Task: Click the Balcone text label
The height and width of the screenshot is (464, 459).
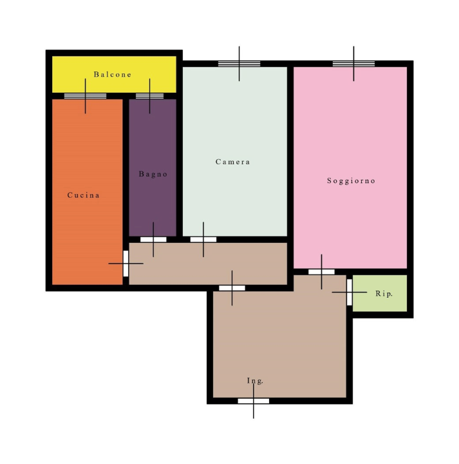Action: [x=113, y=75]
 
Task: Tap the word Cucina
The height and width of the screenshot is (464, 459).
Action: [x=84, y=195]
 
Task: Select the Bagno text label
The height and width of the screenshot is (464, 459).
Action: [x=153, y=174]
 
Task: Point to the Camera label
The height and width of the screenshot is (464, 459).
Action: [x=232, y=162]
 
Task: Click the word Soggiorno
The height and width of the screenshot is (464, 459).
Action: [x=351, y=181]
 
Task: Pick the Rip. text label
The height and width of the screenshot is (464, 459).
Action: [x=383, y=293]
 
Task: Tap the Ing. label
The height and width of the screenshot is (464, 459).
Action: [x=256, y=381]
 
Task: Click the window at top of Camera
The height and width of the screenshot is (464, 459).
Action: [x=239, y=64]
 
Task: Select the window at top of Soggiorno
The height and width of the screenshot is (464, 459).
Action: [x=353, y=64]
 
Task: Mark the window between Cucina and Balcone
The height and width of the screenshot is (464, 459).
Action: [x=85, y=96]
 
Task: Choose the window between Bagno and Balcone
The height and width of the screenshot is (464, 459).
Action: [x=150, y=96]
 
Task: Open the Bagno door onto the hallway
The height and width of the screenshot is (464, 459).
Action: [x=153, y=239]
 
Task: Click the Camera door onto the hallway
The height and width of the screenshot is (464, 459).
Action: [x=203, y=239]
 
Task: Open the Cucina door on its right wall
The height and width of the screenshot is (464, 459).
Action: [x=126, y=264]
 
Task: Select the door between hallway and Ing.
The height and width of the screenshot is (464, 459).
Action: [x=232, y=288]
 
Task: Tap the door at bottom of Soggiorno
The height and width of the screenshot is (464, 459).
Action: [x=321, y=272]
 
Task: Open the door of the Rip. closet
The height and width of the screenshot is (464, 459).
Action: [x=350, y=293]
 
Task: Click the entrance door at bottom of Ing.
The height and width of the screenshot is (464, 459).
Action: [x=253, y=401]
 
